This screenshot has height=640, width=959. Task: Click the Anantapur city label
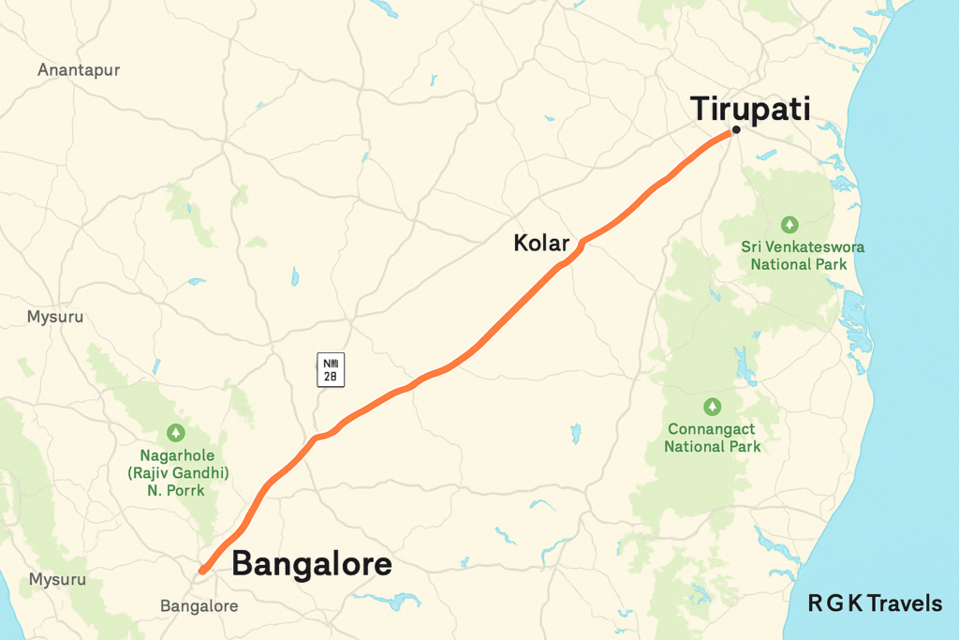click(x=79, y=70)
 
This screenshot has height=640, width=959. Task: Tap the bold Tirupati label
click(x=750, y=108)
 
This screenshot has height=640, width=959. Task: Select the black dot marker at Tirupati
click(x=737, y=130)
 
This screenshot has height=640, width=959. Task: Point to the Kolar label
click(x=541, y=244)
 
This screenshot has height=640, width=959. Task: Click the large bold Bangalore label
click(x=311, y=565)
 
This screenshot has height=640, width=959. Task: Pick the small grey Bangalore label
click(x=199, y=606)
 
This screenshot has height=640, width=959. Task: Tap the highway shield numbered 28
click(x=331, y=369)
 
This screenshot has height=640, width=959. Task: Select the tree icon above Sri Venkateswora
click(x=789, y=225)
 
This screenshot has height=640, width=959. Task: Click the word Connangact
click(x=712, y=429)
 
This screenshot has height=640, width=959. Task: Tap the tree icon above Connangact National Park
click(x=712, y=407)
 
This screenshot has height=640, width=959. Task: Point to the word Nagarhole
click(x=174, y=455)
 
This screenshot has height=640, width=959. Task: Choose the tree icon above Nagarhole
click(x=175, y=432)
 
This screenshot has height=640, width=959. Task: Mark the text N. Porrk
click(x=174, y=490)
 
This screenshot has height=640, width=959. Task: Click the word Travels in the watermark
click(x=905, y=604)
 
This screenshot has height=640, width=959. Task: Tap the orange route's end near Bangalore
click(x=203, y=569)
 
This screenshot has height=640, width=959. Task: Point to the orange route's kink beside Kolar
click(x=583, y=243)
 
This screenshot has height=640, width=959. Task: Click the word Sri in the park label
click(x=752, y=247)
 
